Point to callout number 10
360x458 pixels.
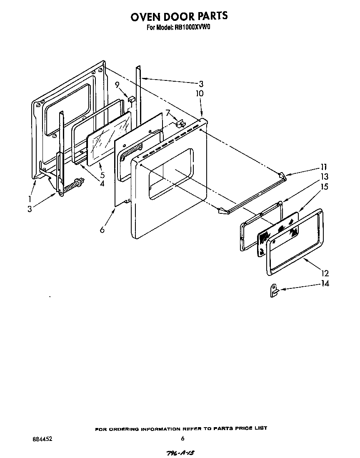coord(200,94)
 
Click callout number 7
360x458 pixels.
coord(167,113)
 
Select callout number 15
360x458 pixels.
coord(324,187)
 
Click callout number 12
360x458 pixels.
coord(325,273)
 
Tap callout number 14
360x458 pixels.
coord(325,284)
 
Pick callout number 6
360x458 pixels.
coord(102,229)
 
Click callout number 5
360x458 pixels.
coord(102,175)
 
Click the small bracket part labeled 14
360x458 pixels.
coord(273,290)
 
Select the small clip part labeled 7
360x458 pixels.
coord(180,123)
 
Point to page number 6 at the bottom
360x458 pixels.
coord(182,438)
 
